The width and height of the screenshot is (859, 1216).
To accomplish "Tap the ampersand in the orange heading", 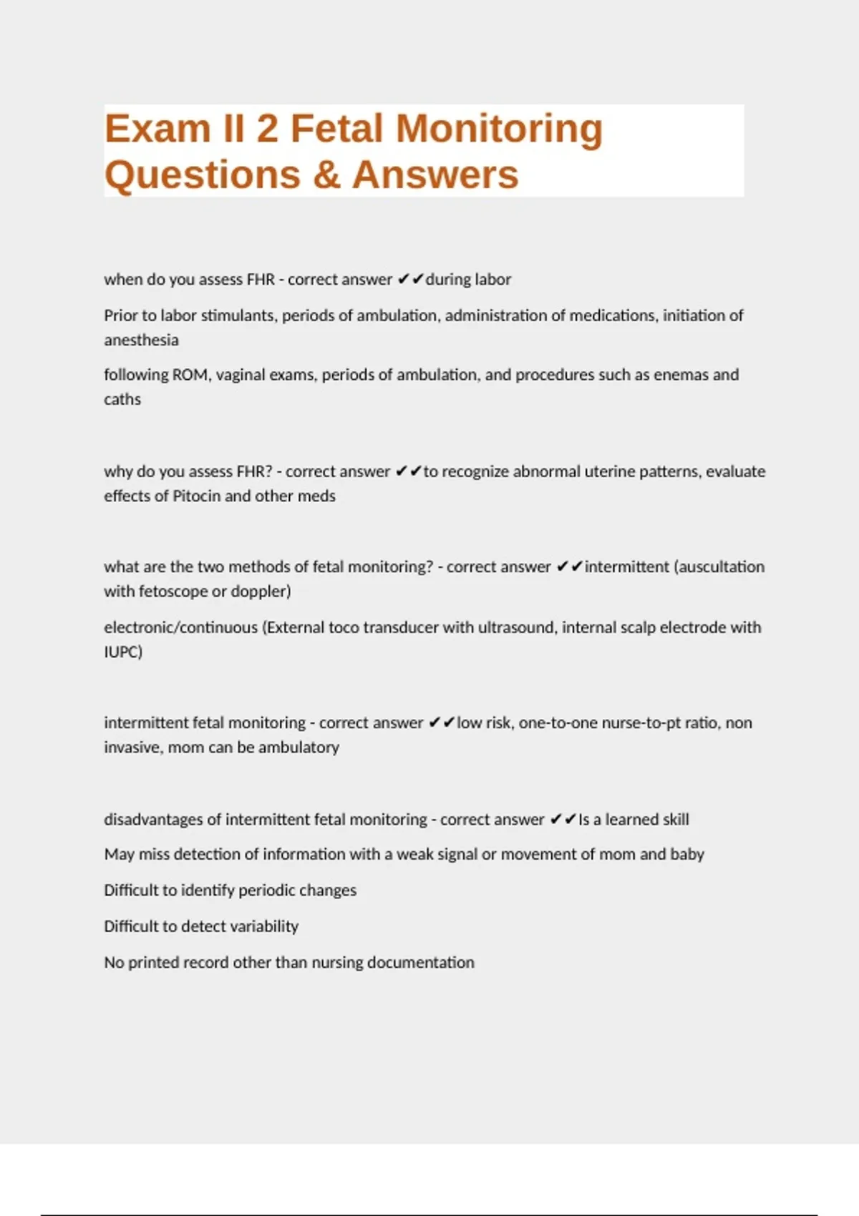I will point(326,175).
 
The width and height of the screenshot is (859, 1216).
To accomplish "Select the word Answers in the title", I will point(435,175).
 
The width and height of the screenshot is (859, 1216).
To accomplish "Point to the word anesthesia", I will point(141,340).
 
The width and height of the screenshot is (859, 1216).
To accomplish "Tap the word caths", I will point(122,399).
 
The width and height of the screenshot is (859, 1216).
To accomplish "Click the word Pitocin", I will point(196,496).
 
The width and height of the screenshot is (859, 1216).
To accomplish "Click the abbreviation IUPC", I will point(122,652).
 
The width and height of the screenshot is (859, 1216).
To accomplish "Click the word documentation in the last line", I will point(420,962).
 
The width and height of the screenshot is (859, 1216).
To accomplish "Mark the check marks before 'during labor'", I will point(410,279).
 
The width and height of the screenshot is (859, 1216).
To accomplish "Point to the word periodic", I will point(268,891).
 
